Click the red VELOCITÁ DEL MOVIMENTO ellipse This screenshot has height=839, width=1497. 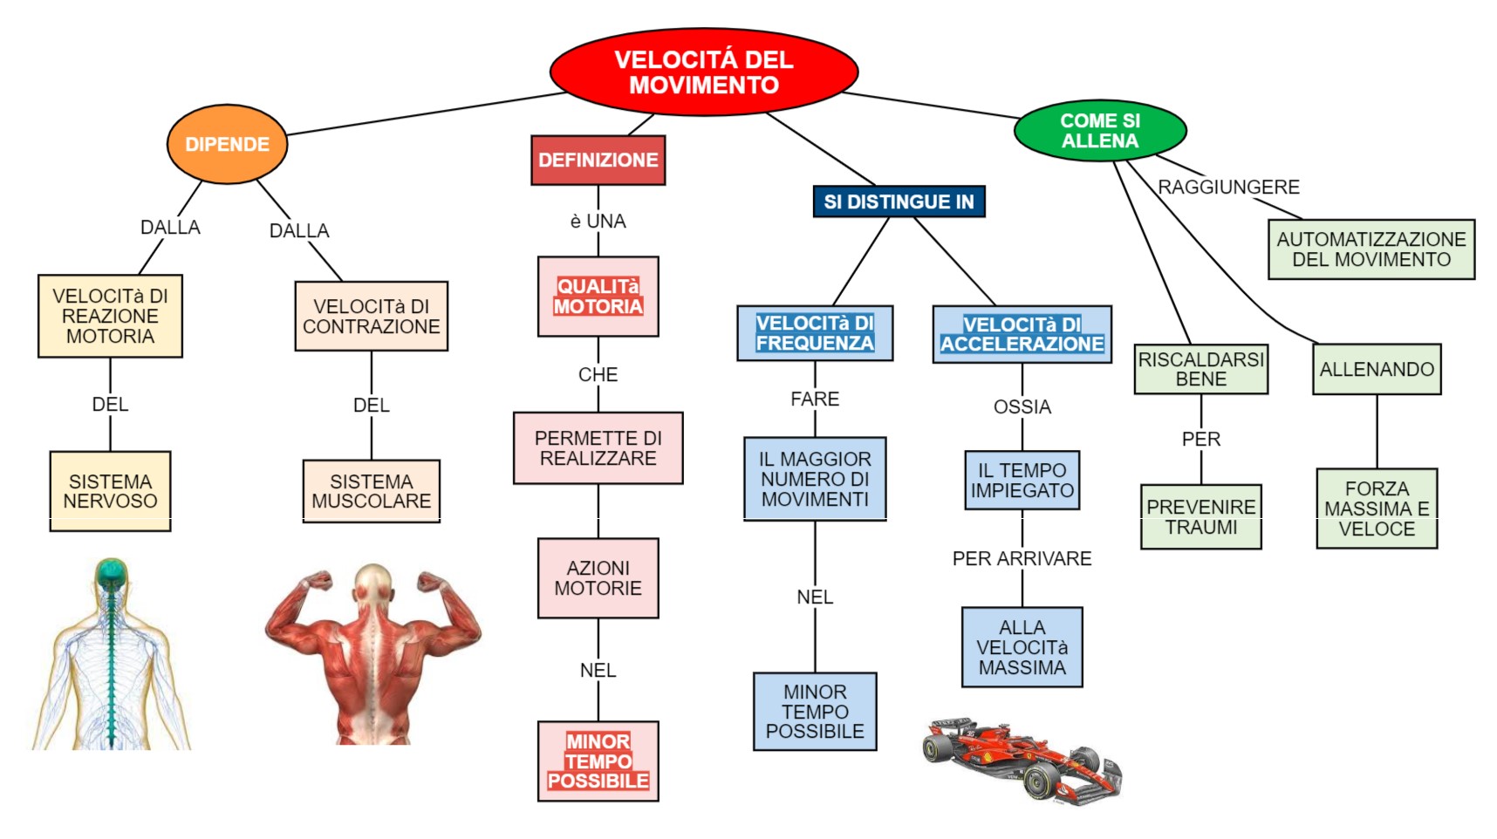703,72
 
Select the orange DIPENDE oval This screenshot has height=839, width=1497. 227,144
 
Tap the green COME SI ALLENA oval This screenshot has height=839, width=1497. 1099,131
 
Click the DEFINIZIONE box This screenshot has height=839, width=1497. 598,160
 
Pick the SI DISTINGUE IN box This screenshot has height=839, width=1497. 898,201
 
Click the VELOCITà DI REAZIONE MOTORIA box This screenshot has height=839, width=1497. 110,316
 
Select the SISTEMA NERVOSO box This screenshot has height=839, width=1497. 110,491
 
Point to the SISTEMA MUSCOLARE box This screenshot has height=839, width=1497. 371,491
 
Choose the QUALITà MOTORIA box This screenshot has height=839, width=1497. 598,297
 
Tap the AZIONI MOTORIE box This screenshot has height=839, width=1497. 598,578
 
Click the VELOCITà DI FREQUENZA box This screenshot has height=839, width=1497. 814,333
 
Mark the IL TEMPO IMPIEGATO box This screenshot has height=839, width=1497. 1022,480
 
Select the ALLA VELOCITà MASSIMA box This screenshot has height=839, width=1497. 1022,647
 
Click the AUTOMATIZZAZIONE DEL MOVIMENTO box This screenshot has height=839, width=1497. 1371,249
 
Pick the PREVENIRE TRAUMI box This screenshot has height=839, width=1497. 1200,516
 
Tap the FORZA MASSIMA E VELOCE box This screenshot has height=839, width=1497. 1376,508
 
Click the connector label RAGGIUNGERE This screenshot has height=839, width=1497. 1227,187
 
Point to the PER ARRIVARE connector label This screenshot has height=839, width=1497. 1022,558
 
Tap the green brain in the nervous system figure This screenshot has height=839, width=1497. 111,571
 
